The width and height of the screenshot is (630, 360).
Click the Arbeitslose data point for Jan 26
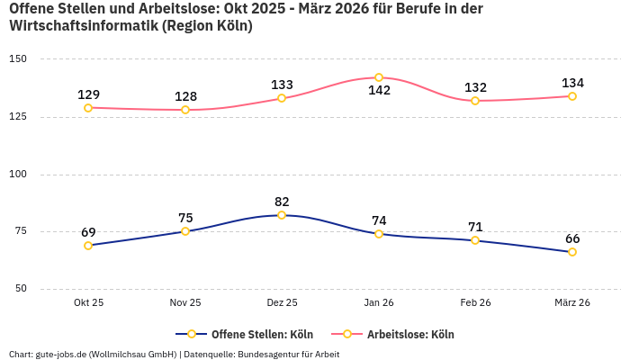click(x=379, y=77)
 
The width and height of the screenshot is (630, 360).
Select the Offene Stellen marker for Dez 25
click(x=282, y=215)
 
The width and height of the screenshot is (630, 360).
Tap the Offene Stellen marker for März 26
click(x=572, y=252)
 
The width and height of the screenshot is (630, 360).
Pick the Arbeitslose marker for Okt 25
click(x=88, y=108)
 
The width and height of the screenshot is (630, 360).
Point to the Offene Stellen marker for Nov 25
click(x=185, y=231)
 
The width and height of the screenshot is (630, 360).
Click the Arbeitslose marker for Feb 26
click(x=475, y=101)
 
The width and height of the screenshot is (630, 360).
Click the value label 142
click(x=379, y=91)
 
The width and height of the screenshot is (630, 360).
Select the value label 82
click(x=282, y=202)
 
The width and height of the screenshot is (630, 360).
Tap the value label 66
click(x=572, y=238)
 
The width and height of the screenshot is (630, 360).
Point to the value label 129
click(x=88, y=94)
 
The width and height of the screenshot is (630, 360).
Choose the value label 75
click(x=185, y=218)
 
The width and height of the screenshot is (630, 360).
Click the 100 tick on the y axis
click(x=18, y=174)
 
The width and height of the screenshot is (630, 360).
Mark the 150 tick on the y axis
click(x=18, y=59)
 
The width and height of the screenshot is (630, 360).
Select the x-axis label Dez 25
click(x=282, y=302)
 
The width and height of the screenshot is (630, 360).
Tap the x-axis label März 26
click(x=572, y=302)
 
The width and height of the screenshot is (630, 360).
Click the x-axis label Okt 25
click(x=88, y=302)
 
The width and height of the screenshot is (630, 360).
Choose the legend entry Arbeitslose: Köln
click(x=409, y=334)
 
